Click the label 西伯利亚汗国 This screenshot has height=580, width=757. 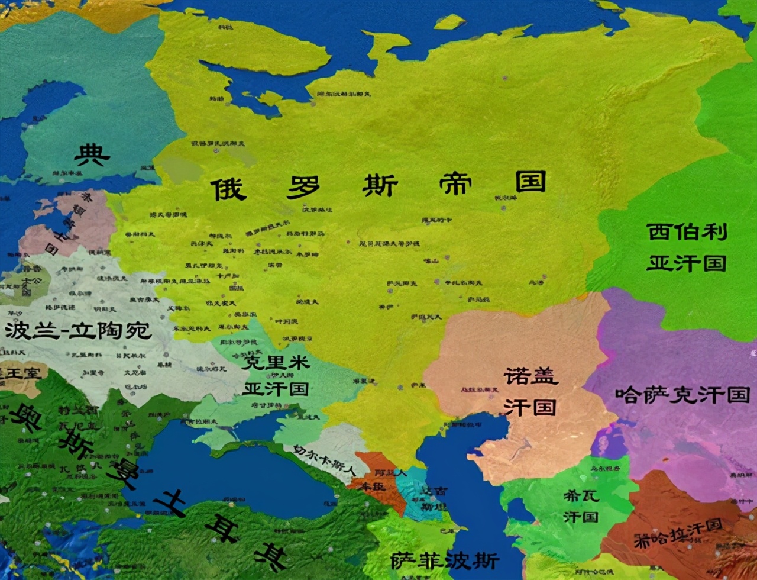[686, 247]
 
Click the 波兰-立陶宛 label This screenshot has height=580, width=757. [78, 330]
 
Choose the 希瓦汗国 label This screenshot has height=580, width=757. [581, 505]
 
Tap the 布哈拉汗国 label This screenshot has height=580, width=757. [678, 533]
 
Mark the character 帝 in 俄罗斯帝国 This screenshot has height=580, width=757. [455, 185]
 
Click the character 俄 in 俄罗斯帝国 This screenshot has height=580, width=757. [229, 189]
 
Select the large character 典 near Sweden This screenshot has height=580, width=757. [92, 156]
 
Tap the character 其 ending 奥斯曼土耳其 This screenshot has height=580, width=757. [270, 556]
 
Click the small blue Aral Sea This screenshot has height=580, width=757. [609, 441]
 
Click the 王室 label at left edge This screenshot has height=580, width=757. [18, 373]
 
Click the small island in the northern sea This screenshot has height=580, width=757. [449, 22]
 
